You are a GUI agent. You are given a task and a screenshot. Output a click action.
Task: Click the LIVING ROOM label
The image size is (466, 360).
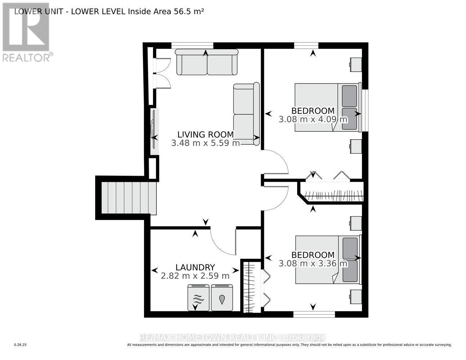tap(205, 134)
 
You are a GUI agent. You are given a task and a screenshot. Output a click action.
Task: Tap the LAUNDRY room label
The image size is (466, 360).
tap(195, 267)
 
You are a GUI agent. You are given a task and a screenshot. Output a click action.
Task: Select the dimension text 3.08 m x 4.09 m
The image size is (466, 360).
tap(313, 119)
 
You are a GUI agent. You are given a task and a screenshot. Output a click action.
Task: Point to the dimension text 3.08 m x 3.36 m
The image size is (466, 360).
tap(313, 264)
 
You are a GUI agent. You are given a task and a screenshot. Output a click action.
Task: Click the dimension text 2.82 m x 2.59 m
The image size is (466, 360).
tap(195, 276)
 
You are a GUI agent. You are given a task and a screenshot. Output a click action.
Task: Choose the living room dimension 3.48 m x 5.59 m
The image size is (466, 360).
tap(205, 143)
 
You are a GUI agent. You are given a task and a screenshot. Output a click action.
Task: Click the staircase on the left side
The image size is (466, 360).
tap(129, 198)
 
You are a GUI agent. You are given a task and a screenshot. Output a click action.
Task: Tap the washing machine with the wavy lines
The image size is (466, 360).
tap(198, 298)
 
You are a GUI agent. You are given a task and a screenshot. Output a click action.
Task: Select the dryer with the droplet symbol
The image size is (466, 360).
tap(222, 298)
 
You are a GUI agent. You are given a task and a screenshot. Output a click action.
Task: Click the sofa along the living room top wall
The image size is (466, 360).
tap(206, 62)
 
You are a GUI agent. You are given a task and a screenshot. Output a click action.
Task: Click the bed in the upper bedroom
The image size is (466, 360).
tap(327, 107)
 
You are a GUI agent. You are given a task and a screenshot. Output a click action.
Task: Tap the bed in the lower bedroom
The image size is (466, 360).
tap(327, 259)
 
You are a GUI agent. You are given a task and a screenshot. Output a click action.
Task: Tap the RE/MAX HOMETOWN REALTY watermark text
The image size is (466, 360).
tap(232, 337)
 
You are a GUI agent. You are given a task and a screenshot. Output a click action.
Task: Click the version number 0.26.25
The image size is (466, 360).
tap(21, 345)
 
